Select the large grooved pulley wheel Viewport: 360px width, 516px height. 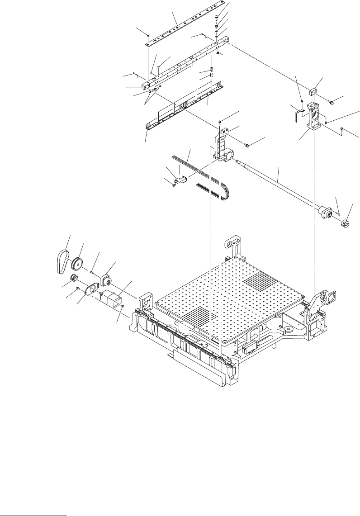(78, 263)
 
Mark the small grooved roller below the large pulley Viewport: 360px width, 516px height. (75, 277)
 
